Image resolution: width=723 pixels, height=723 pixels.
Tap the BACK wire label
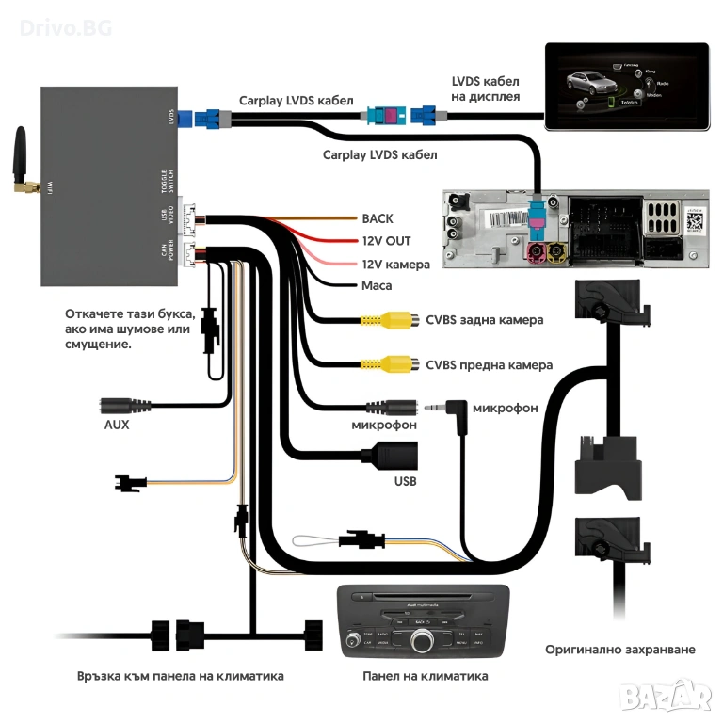pos(378,218)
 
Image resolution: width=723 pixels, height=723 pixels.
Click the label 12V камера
pos(395,265)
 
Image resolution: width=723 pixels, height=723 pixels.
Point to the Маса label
pos(377,285)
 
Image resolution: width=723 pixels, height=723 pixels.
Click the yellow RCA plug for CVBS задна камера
pos(386,320)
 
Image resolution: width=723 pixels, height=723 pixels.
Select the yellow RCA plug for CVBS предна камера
pos(386,364)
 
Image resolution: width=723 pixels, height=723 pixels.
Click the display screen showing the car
pos(626,86)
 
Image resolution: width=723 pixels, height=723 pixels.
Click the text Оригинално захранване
pos(620,650)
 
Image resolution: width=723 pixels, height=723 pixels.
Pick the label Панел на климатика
pos(426,676)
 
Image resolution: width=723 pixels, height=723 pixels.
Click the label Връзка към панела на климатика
pos(181,676)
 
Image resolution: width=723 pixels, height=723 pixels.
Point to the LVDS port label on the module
pos(170,118)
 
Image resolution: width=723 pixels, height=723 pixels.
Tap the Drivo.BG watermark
pos(66,27)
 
